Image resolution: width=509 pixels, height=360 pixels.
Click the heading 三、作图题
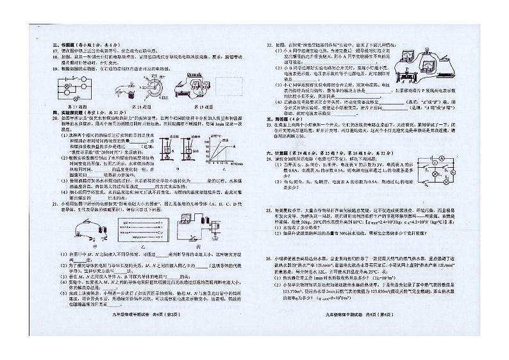(x=60, y=44)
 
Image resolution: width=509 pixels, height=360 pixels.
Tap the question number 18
(x=54, y=55)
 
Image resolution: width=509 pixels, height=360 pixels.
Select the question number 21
(x=54, y=202)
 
